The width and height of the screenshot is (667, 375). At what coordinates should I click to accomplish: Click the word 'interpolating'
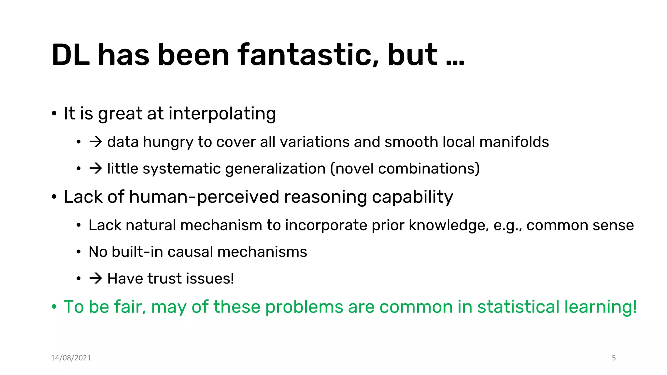tap(222, 114)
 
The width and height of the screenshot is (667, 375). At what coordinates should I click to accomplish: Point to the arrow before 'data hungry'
tap(96, 142)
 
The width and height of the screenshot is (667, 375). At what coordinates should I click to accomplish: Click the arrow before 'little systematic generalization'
tap(96, 168)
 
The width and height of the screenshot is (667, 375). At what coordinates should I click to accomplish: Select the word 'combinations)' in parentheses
tap(429, 169)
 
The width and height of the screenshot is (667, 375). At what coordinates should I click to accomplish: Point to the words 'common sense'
tap(580, 225)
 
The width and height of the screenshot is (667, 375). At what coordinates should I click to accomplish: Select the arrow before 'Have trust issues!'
tap(96, 278)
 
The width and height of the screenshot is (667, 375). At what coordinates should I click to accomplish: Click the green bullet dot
tap(54, 307)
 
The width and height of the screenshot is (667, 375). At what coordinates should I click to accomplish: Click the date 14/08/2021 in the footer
tap(71, 358)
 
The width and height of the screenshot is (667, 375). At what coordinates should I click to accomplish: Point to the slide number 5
tap(614, 358)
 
